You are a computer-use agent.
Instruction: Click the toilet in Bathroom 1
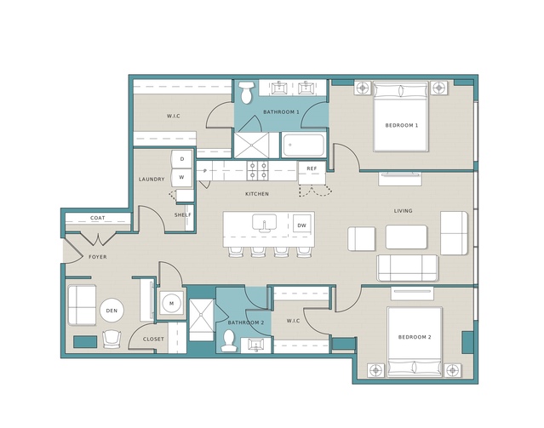246,92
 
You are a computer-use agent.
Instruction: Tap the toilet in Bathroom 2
229,340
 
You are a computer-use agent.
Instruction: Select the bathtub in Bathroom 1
304,145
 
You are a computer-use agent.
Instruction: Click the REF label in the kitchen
312,168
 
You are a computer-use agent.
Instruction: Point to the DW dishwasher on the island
302,225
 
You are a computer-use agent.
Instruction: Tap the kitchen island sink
264,223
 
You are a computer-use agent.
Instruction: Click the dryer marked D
182,159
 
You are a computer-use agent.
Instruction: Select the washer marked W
182,177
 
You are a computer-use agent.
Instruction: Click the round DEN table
112,311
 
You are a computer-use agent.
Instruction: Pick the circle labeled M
171,304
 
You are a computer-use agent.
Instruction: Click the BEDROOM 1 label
402,125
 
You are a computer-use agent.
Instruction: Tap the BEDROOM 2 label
415,337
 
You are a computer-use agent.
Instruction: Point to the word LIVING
404,210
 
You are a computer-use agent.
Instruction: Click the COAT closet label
98,218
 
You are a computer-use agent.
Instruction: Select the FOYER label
98,257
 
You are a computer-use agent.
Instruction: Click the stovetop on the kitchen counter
257,171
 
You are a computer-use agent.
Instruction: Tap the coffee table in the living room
406,237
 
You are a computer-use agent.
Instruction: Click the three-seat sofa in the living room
407,268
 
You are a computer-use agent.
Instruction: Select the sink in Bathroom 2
256,345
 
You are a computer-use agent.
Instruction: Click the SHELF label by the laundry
182,215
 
